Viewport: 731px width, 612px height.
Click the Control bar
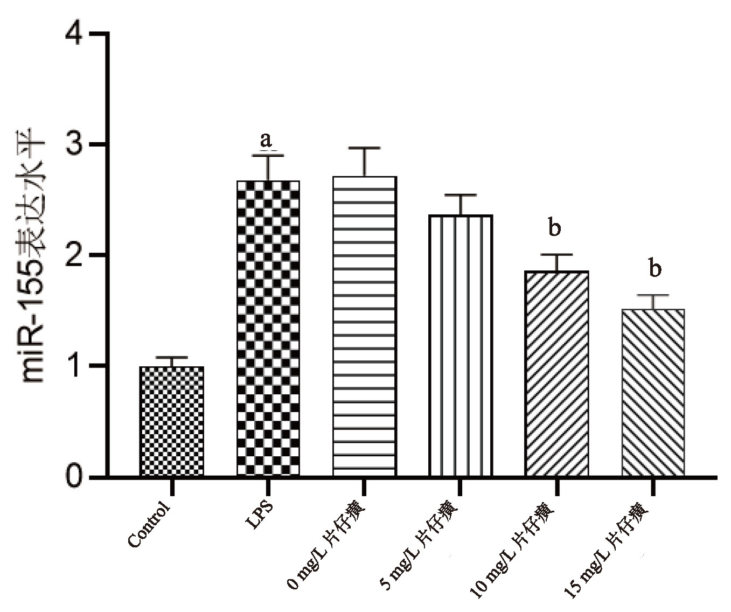point(172,421)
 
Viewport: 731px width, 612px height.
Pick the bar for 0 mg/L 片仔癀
point(365,326)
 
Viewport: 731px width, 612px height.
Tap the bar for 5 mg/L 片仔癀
point(461,345)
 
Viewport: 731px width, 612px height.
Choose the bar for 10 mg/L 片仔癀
point(556,373)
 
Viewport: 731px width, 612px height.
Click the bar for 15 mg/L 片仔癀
point(653,392)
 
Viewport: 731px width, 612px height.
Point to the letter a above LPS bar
point(266,140)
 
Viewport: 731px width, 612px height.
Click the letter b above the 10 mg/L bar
point(554,227)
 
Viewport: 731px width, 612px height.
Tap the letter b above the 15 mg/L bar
point(655,268)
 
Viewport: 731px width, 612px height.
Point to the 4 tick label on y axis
point(74,35)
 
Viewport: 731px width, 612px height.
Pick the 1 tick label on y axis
point(75,366)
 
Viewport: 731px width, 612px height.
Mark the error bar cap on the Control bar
point(172,357)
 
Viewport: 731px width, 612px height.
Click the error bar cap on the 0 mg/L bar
point(365,148)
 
